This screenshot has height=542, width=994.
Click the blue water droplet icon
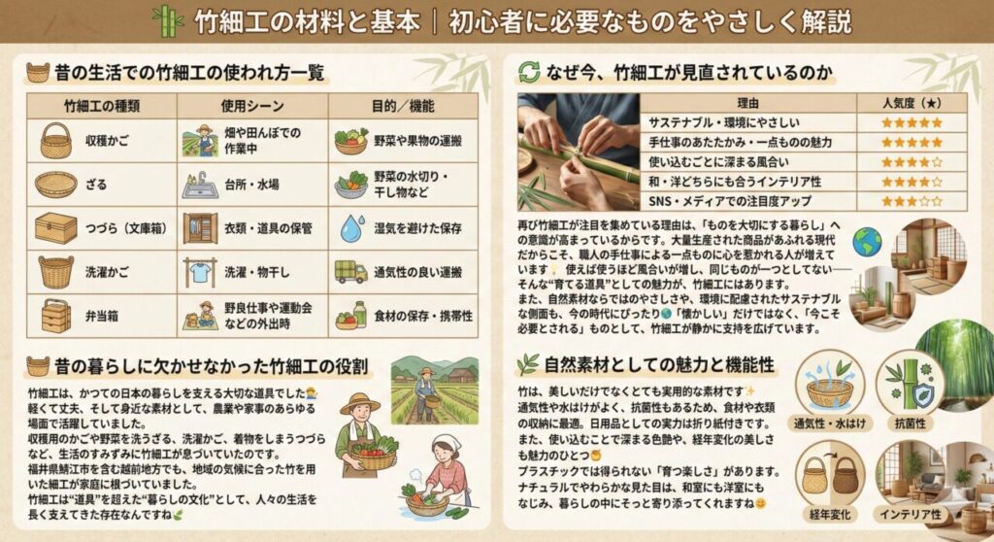click(x=350, y=228)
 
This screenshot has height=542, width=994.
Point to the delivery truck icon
click(x=350, y=272)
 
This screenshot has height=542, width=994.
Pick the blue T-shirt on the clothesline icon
click(x=200, y=272)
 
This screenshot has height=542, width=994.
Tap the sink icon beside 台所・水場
click(x=200, y=185)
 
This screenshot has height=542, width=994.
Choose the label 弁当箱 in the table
click(x=101, y=316)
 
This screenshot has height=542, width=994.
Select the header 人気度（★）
click(x=911, y=102)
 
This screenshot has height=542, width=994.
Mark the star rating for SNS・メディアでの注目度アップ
click(x=911, y=201)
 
